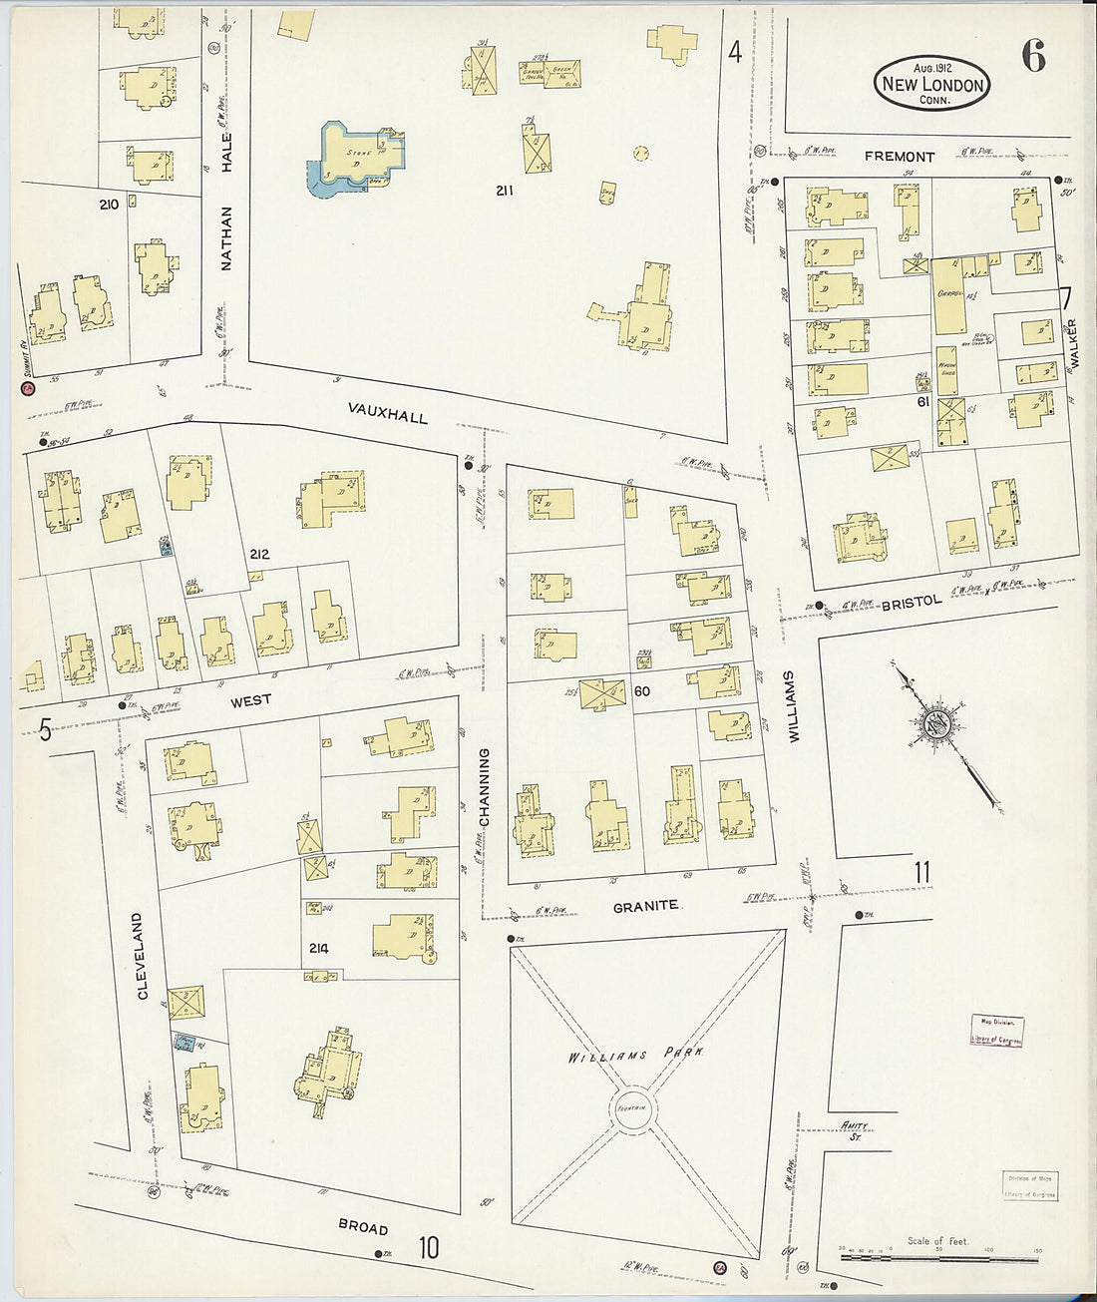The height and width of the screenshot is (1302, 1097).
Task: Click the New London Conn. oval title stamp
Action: coord(932,84)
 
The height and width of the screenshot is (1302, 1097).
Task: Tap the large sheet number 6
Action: coord(1033,59)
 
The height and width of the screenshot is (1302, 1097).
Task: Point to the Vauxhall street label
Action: coord(388,412)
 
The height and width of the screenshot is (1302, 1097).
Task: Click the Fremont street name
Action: coord(900,157)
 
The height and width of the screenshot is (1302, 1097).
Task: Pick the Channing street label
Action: coord(485,787)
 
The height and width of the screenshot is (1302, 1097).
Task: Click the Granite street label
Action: coord(645,906)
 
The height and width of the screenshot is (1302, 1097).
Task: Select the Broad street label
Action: coord(362,1228)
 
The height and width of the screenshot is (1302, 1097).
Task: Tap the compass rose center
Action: coord(935,722)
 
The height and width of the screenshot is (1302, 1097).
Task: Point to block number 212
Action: coord(259,554)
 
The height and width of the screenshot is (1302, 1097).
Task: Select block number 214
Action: coord(318,949)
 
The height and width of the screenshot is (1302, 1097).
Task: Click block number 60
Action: coord(641,690)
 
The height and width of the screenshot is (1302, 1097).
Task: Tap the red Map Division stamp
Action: coord(996,1031)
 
